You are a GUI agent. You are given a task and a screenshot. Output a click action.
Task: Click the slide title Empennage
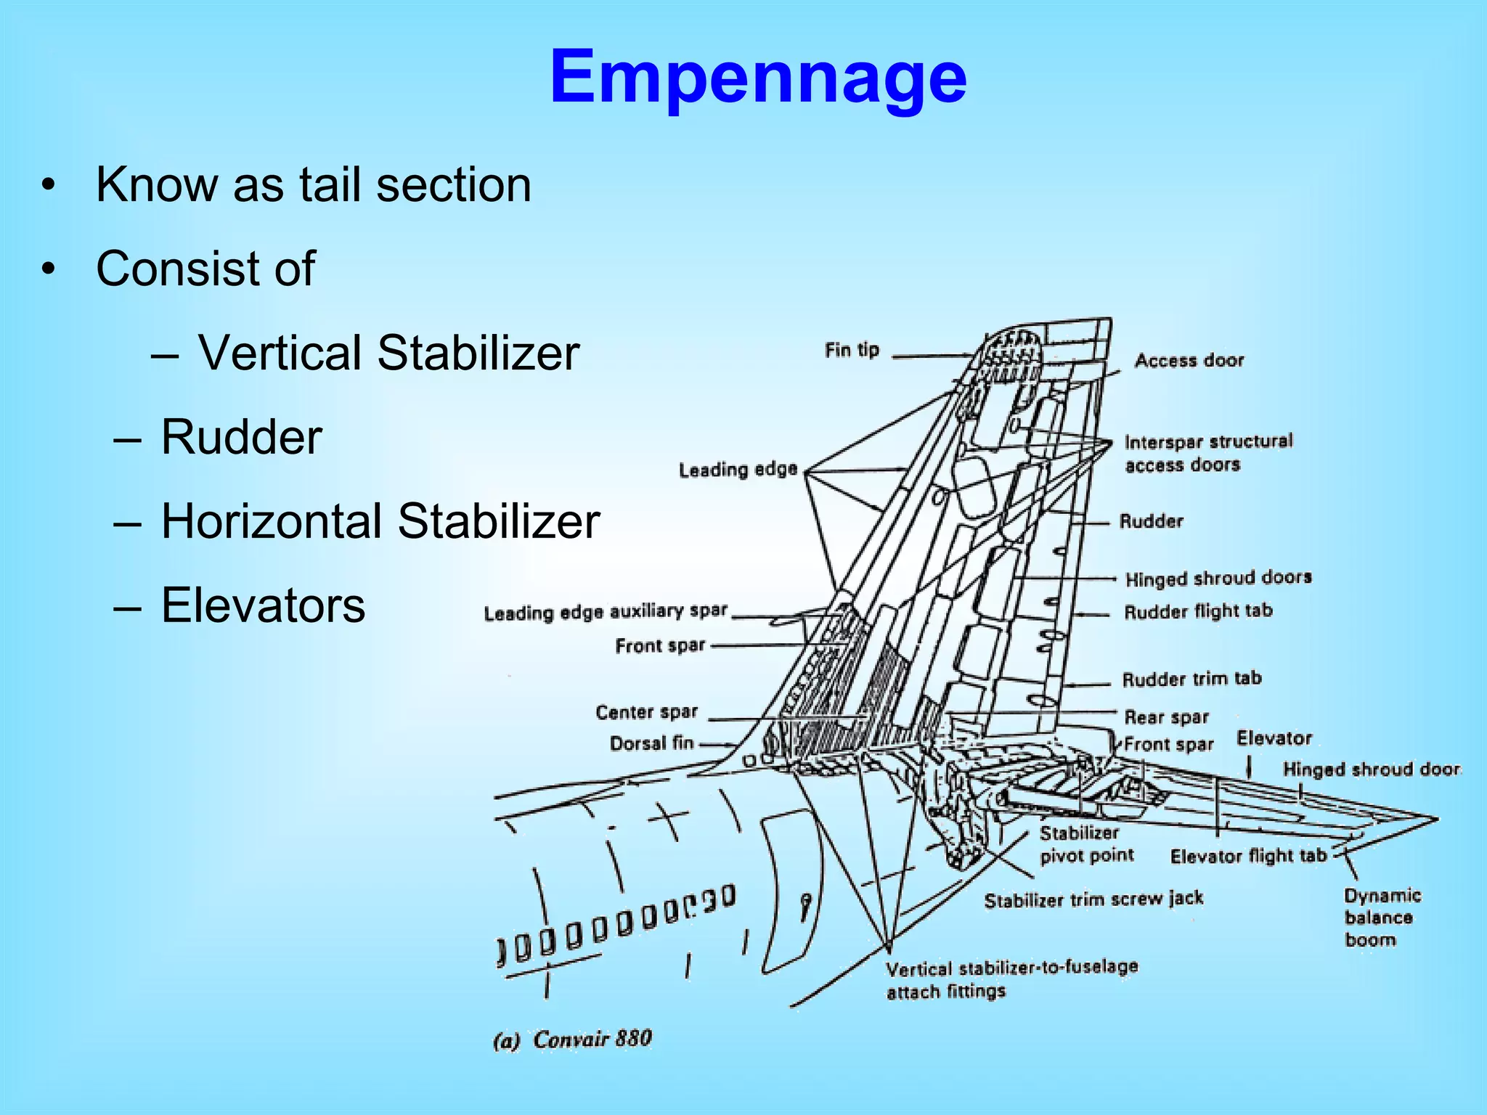click(758, 77)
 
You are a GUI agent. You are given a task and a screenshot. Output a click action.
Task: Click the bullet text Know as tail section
click(314, 184)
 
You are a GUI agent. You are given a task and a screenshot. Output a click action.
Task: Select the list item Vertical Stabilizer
click(388, 353)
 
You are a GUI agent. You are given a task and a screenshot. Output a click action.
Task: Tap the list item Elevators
click(263, 605)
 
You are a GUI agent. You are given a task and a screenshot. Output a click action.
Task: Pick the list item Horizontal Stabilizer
click(380, 521)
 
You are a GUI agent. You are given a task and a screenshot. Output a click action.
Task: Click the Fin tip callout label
click(852, 350)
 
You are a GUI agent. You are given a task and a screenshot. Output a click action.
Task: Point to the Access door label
click(1189, 360)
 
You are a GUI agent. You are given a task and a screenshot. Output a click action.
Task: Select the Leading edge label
click(738, 470)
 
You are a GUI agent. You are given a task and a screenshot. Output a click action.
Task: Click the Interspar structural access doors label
click(1207, 453)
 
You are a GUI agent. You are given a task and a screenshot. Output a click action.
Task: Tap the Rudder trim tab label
click(1191, 679)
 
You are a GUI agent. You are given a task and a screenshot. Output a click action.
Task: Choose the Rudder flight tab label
click(1198, 611)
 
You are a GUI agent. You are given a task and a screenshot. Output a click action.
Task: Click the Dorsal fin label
click(651, 743)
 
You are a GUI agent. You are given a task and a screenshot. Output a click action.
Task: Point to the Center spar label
click(646, 712)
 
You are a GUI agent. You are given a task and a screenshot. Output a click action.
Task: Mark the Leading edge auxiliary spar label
click(606, 612)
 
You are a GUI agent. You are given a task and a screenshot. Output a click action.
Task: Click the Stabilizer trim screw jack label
click(1093, 899)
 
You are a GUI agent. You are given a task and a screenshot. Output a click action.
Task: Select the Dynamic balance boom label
click(1381, 918)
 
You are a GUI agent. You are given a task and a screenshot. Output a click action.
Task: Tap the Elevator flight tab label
click(1248, 856)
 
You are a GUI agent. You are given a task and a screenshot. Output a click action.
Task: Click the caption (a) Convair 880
click(572, 1040)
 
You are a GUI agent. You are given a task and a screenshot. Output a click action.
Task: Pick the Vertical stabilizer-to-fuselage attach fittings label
click(1011, 979)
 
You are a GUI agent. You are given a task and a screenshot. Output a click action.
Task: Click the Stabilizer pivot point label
click(1085, 844)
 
